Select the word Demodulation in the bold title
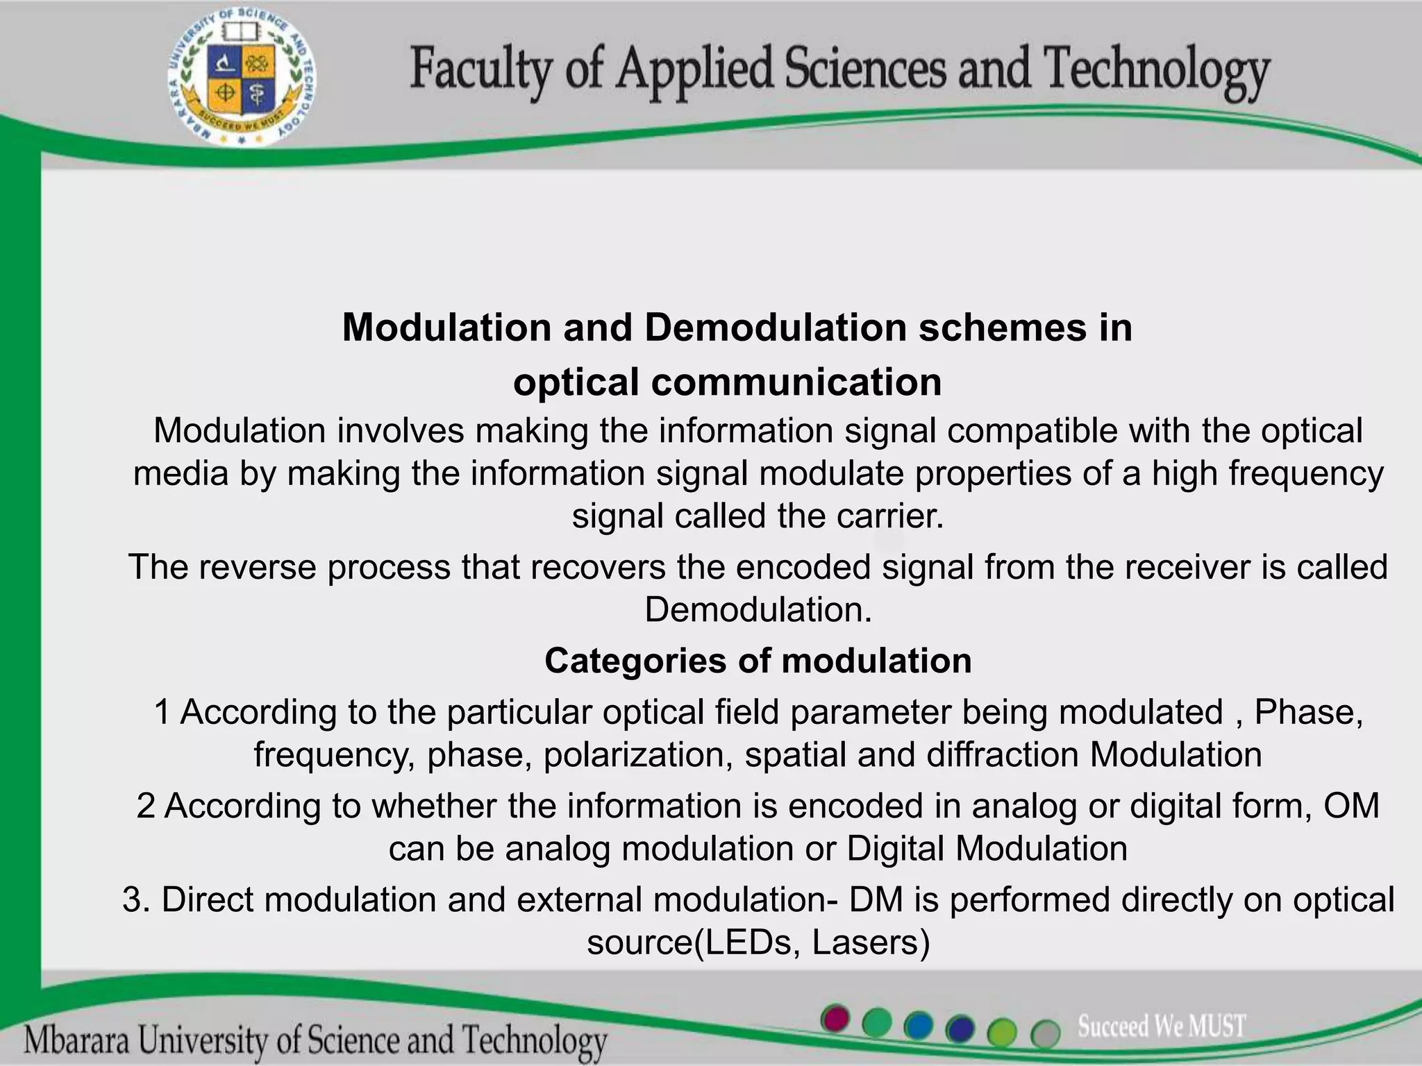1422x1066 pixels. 776,328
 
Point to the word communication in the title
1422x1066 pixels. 796,382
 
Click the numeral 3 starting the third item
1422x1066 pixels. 132,900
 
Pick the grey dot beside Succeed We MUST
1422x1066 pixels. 1045,1033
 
